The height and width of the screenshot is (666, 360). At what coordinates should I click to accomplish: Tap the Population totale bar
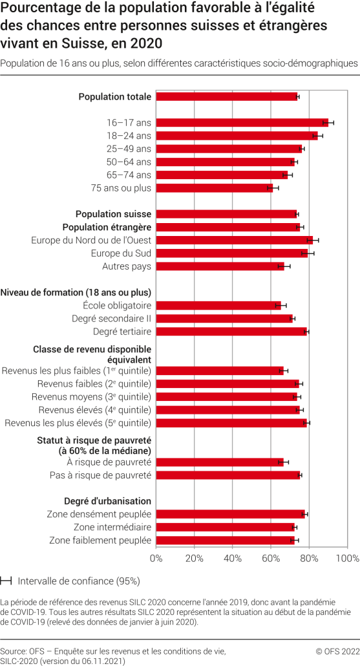click(227, 96)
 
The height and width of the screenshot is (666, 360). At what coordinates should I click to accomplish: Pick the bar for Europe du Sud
click(232, 253)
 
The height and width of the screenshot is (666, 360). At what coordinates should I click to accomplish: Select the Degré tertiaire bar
click(231, 332)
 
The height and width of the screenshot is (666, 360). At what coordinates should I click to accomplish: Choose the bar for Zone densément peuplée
click(231, 514)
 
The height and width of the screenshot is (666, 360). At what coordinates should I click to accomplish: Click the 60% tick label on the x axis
click(271, 558)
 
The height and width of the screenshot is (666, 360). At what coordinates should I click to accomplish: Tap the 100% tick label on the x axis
click(347, 558)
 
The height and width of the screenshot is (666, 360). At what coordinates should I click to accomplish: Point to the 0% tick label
click(156, 558)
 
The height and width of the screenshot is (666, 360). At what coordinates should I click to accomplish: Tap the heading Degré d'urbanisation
click(107, 500)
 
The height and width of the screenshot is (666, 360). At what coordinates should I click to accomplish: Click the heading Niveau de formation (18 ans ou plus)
click(76, 292)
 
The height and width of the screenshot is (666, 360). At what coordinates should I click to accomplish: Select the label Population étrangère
click(107, 227)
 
